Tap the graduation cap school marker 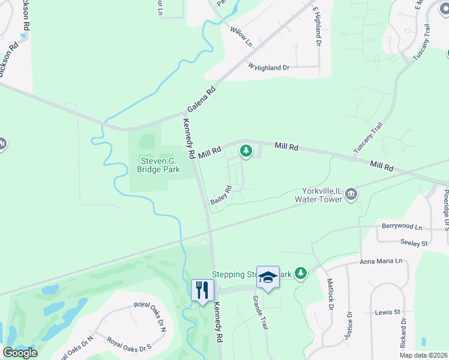[x=268, y=277]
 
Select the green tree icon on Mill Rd [x=246, y=151]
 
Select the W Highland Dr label [x=268, y=68]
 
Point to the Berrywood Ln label [x=402, y=227]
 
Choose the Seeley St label [x=414, y=242]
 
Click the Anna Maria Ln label [x=384, y=262]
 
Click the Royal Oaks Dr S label [x=129, y=344]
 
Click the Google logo [x=20, y=353]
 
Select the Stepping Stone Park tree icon [x=301, y=274]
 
